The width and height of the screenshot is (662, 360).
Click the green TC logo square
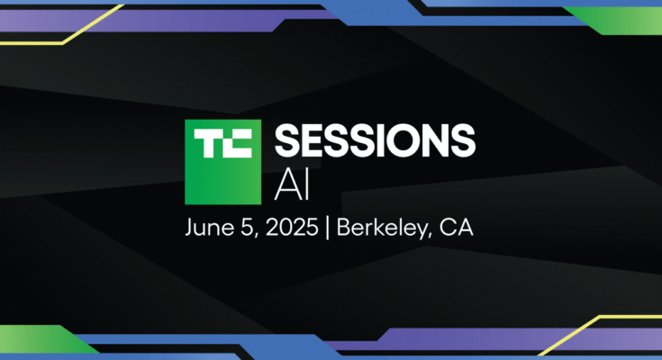point(223,162)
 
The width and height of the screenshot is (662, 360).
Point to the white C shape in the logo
point(238,143)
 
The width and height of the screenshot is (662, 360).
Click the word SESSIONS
point(375,141)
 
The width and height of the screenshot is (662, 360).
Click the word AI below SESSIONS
point(292,186)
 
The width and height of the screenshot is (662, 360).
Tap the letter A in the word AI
point(287,186)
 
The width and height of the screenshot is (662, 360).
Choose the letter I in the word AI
point(307,186)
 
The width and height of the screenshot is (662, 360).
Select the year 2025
point(292,228)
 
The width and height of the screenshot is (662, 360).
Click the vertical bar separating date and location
point(327,229)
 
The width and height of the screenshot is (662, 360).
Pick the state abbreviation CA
point(457,228)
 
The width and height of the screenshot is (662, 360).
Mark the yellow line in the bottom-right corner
point(600,335)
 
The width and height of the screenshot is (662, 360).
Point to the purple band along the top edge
point(169,21)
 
